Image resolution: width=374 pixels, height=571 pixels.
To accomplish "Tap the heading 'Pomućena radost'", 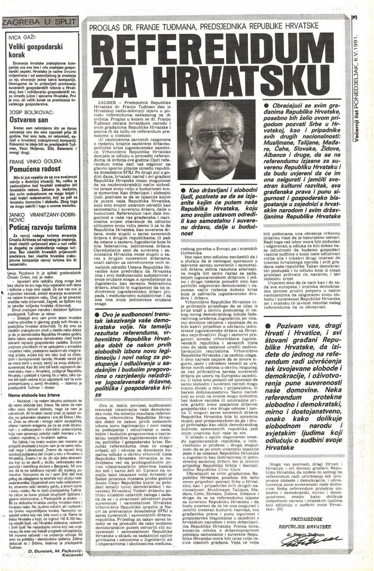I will coord(31,168).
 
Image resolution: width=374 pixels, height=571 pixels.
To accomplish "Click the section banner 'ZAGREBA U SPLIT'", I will coord(40,22).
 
